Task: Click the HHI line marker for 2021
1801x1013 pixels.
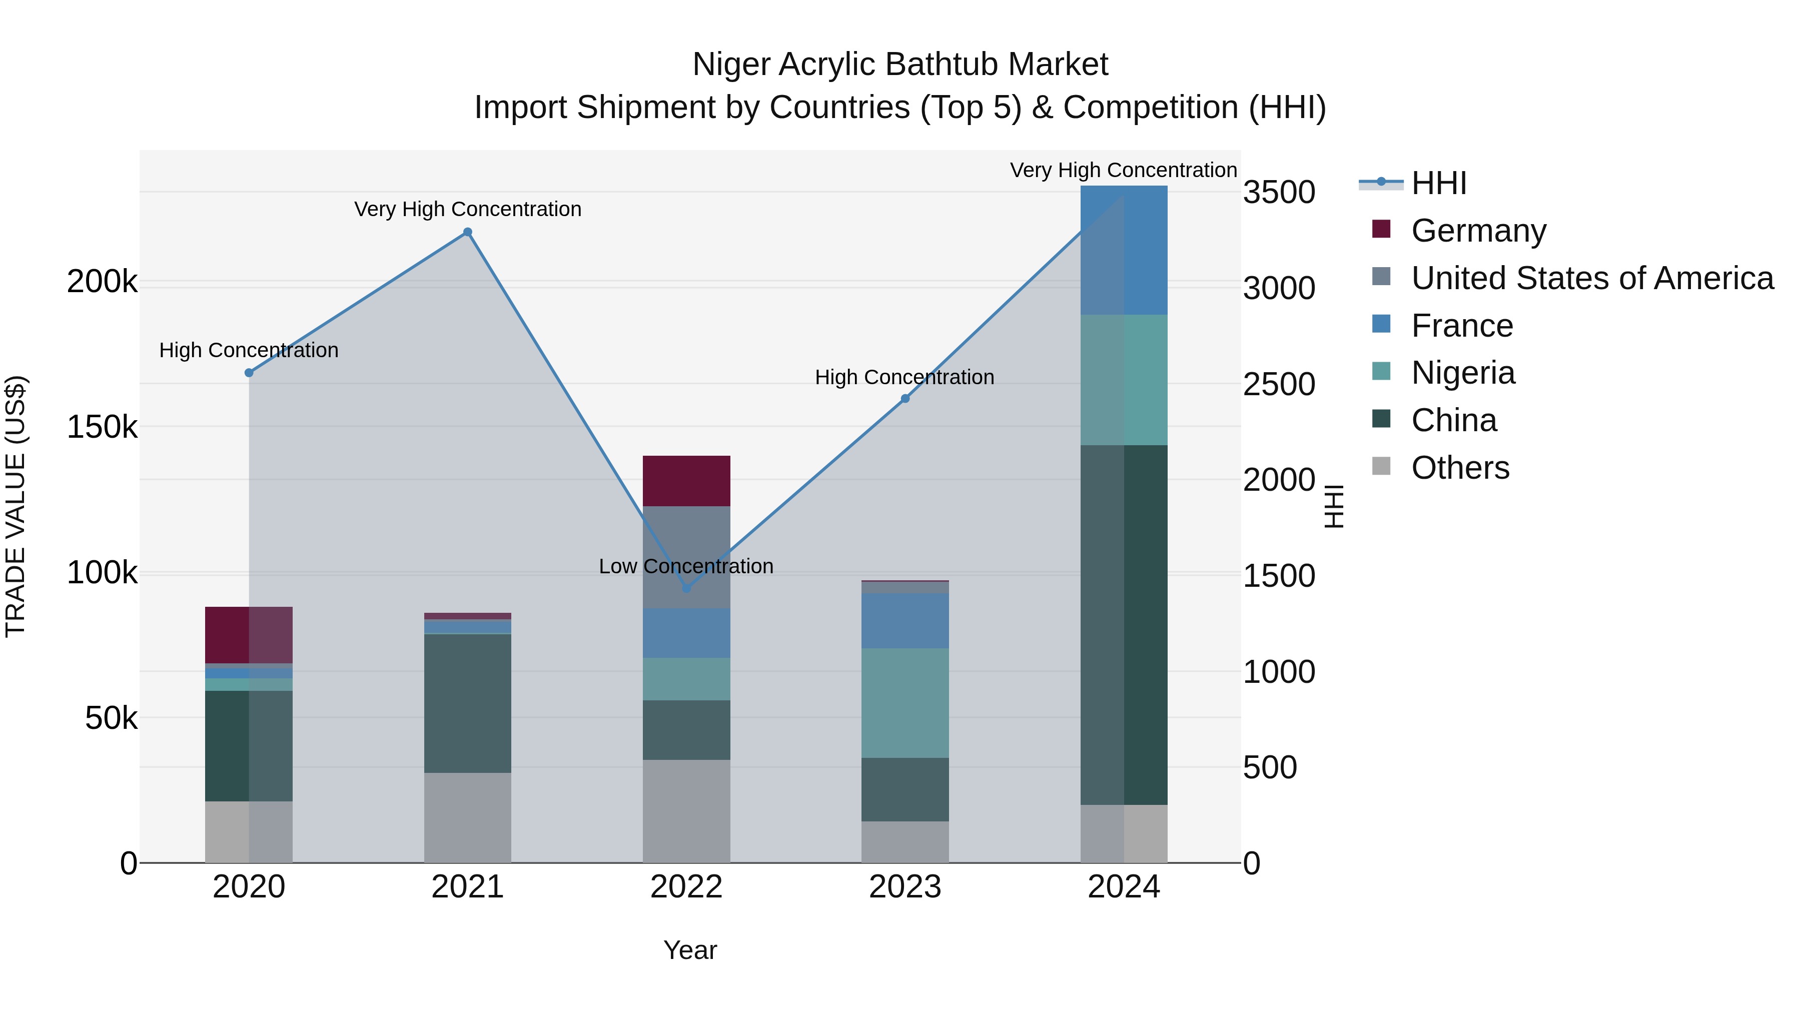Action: click(x=468, y=232)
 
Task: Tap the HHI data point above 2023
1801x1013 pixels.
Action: click(x=905, y=399)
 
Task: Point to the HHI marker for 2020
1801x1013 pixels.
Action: click(x=249, y=373)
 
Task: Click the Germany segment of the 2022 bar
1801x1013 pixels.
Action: click(x=686, y=481)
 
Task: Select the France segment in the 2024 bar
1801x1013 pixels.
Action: click(x=1124, y=250)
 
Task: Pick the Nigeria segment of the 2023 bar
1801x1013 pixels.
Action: click(x=905, y=703)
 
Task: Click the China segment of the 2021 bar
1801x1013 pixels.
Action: click(x=468, y=703)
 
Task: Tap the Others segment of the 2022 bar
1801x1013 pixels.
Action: click(x=686, y=811)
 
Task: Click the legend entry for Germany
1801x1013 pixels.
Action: click(x=1478, y=231)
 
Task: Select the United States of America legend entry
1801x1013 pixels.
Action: click(x=1592, y=278)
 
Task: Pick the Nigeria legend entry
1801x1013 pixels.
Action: click(x=1463, y=373)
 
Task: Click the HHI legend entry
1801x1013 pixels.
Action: click(x=1438, y=183)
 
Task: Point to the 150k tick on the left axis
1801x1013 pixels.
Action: click(x=102, y=426)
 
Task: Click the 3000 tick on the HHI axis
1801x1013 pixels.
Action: click(x=1279, y=288)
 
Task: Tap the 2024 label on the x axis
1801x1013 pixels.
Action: click(x=1124, y=887)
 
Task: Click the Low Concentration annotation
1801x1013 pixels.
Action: click(x=686, y=566)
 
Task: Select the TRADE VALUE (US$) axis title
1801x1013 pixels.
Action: click(x=16, y=506)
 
